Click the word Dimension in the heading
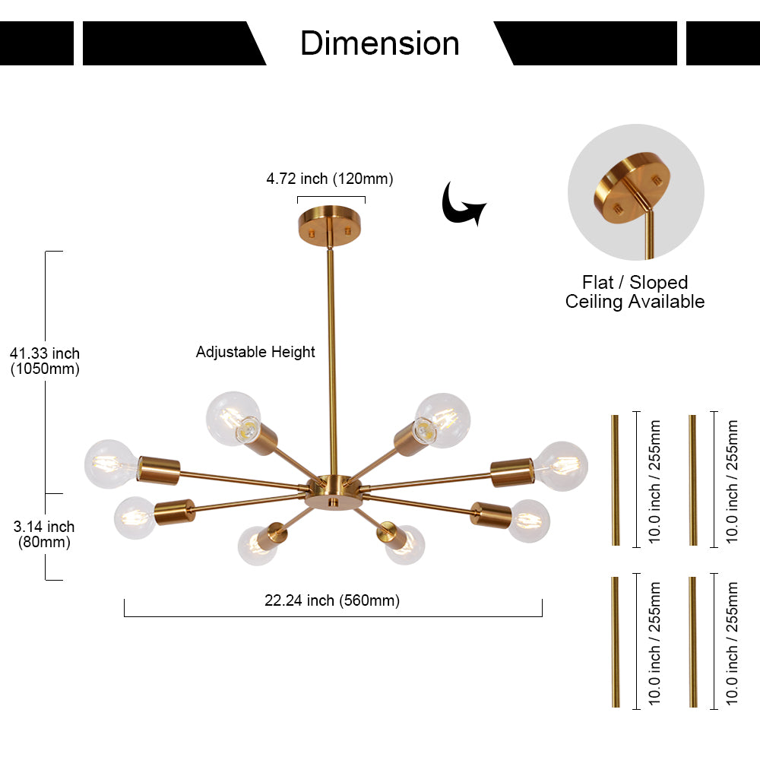click(379, 43)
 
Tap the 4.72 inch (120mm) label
click(330, 179)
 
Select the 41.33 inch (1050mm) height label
click(44, 360)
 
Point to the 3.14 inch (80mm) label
click(44, 534)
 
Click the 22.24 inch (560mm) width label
click(332, 600)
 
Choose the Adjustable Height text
click(255, 352)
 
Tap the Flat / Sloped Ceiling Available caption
click(635, 293)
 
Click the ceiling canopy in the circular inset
click(629, 185)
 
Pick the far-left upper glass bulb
click(111, 463)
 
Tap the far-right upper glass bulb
click(562, 465)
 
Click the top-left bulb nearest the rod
click(233, 418)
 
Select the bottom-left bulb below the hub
click(256, 546)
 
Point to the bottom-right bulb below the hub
click(404, 545)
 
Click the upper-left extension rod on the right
click(616, 480)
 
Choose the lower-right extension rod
click(692, 642)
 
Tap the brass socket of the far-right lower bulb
click(490, 515)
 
